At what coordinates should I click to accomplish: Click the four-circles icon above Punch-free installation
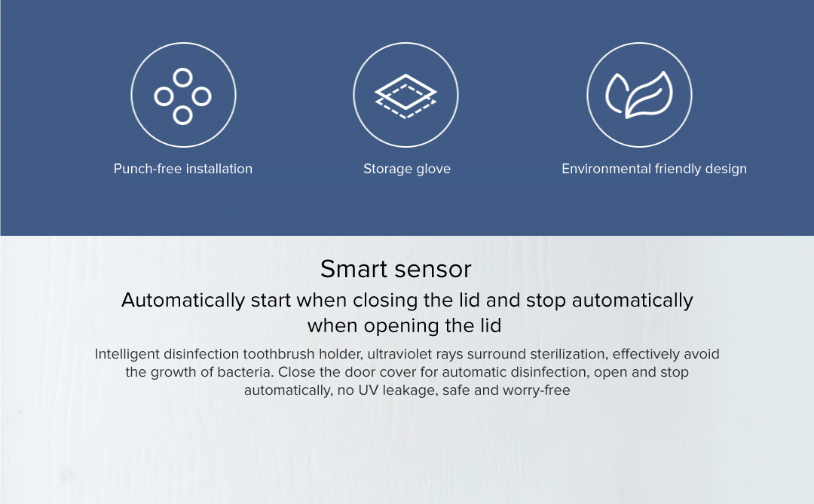(182, 78)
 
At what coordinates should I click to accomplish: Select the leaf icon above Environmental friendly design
(639, 95)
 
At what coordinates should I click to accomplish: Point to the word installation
(219, 169)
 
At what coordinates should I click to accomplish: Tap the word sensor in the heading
(432, 269)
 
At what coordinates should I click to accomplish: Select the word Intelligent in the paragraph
(127, 354)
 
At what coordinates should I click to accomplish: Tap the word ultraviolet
(399, 354)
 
